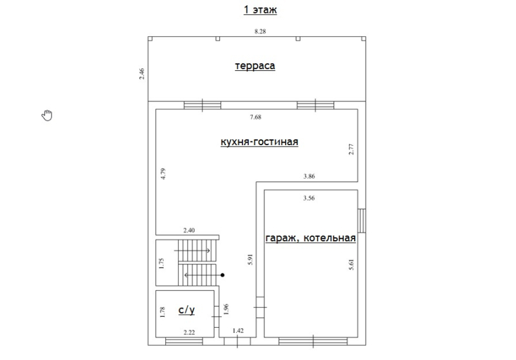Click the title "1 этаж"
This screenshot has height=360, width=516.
pyautogui.click(x=260, y=10)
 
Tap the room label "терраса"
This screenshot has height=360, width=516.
pyautogui.click(x=255, y=66)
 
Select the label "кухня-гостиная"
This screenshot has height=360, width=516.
pyautogui.click(x=259, y=142)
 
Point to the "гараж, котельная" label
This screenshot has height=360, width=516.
pyautogui.click(x=310, y=238)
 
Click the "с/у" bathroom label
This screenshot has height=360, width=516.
pyautogui.click(x=186, y=310)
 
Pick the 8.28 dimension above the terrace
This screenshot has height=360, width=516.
pyautogui.click(x=260, y=31)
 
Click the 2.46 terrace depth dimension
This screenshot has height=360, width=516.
pyautogui.click(x=141, y=74)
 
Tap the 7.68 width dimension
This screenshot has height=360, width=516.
pyautogui.click(x=255, y=117)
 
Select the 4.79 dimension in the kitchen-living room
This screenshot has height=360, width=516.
pyautogui.click(x=163, y=174)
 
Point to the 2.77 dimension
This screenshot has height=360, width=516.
pyautogui.click(x=351, y=149)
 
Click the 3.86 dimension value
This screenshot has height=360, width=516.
pyautogui.click(x=309, y=176)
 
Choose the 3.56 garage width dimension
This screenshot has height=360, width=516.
pyautogui.click(x=309, y=198)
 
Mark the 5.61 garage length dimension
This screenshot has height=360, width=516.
pyautogui.click(x=351, y=265)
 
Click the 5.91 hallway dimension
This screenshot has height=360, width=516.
pyautogui.click(x=250, y=259)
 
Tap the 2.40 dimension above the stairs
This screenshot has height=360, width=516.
pyautogui.click(x=189, y=230)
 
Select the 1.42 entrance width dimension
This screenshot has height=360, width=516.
pyautogui.click(x=238, y=331)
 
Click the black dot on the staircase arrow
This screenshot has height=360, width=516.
pyautogui.click(x=223, y=275)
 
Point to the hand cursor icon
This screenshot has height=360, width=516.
pyautogui.click(x=47, y=115)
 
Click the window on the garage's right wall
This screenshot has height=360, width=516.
pyautogui.click(x=362, y=221)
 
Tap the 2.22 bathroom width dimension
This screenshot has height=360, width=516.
pyautogui.click(x=189, y=332)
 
